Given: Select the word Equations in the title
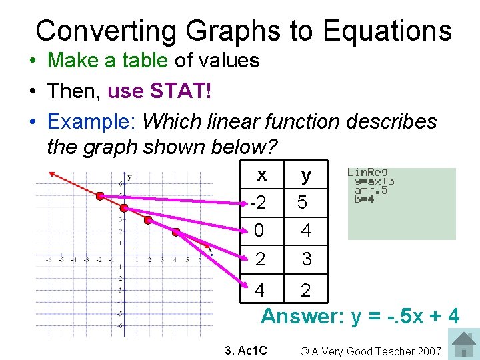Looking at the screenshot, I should (385, 31).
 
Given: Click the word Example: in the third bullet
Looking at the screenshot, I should (91, 122).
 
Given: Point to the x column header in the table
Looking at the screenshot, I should (262, 175).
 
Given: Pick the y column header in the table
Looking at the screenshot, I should (306, 175).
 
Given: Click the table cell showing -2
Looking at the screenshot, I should (259, 202).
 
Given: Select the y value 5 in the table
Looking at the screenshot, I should (303, 202).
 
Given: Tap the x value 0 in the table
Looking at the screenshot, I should (259, 231).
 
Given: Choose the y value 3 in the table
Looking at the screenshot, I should (306, 259).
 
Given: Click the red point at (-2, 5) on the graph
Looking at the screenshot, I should (99, 196).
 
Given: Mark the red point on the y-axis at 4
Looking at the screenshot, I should (124, 207).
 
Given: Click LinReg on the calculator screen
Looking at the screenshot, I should (367, 173).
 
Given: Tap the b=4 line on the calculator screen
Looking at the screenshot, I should (365, 198).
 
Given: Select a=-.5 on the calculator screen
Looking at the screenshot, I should (371, 189).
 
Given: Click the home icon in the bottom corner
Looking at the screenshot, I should (464, 345).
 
